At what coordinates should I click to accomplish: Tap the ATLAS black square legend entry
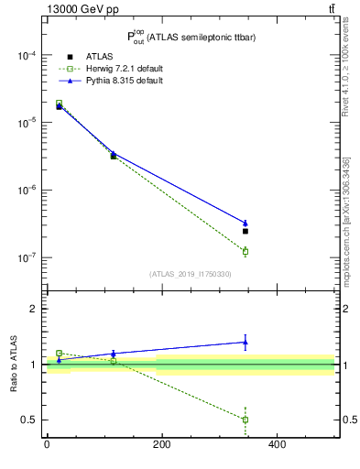tap(70, 57)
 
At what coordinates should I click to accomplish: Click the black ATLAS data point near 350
tap(245, 231)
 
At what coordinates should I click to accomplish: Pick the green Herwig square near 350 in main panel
tap(245, 251)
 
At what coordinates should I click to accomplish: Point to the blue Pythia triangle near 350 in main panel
tap(245, 223)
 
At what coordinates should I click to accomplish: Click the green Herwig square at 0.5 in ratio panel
tap(245, 420)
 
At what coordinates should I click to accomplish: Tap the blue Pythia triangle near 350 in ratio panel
tap(245, 342)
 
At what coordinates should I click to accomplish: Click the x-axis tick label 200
tap(161, 446)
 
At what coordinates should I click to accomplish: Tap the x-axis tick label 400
tap(277, 446)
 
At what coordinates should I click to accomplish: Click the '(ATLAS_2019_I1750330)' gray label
tap(191, 274)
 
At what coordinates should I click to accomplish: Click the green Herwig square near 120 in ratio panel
tap(114, 362)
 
